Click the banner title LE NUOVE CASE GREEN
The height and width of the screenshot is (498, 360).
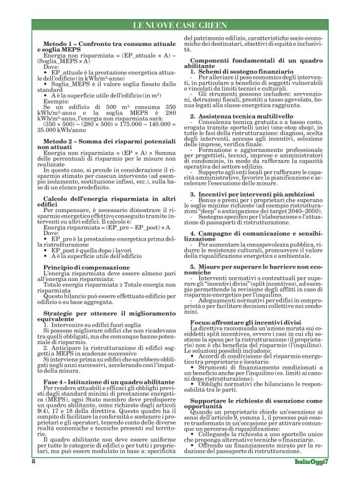point(179,25)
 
